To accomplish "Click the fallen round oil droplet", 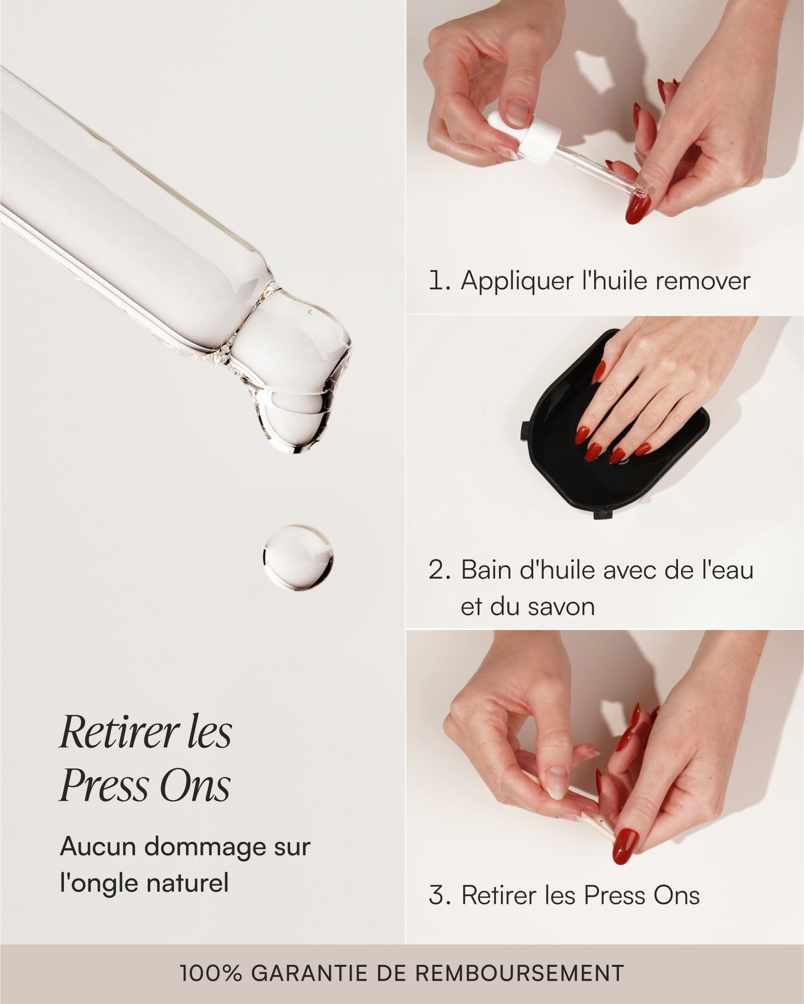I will [298, 558].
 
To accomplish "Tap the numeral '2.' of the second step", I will [439, 570].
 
